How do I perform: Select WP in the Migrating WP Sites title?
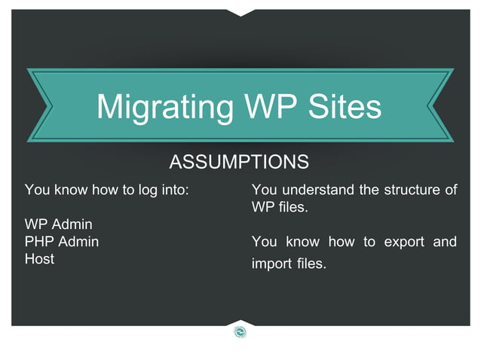click(x=265, y=107)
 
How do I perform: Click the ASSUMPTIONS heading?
click(x=239, y=162)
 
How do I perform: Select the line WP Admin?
click(x=59, y=225)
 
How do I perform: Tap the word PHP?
click(x=40, y=243)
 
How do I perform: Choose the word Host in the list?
click(x=39, y=259)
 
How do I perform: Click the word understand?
click(x=318, y=190)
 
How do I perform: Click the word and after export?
click(x=445, y=243)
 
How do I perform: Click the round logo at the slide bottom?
click(x=240, y=331)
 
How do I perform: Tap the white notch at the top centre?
click(x=240, y=11)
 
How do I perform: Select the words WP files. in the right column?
click(x=280, y=207)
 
